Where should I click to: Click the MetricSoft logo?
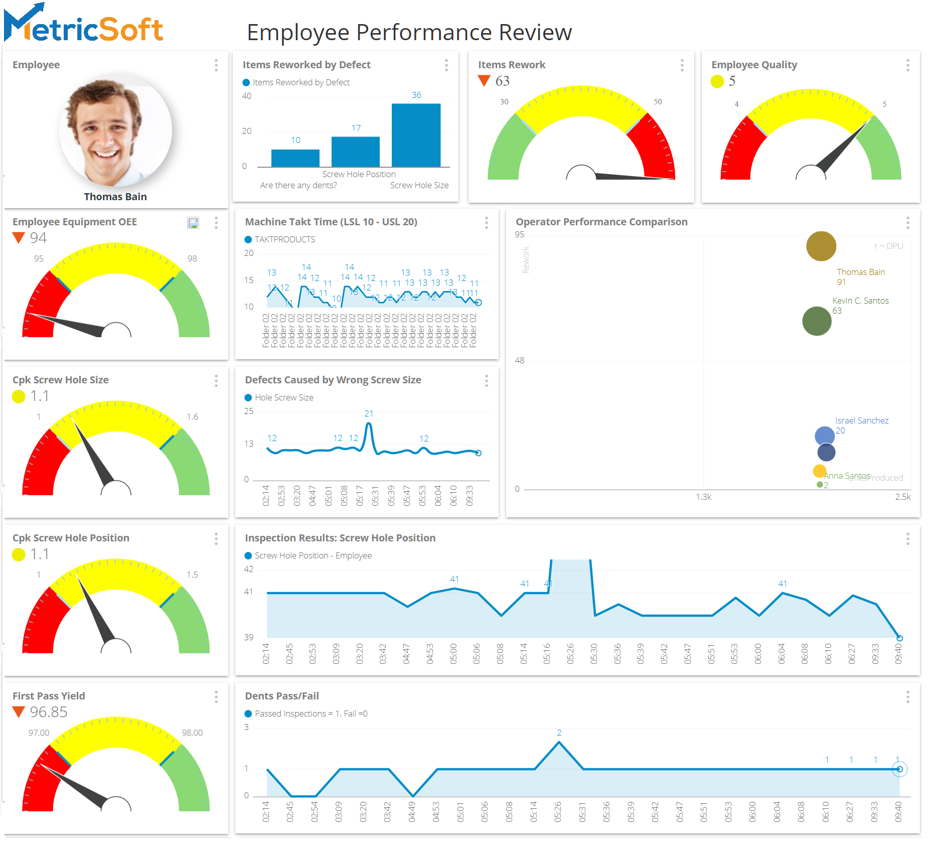click(x=83, y=25)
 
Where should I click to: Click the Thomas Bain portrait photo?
click(x=115, y=130)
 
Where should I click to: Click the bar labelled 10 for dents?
click(x=295, y=158)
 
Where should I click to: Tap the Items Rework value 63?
click(x=502, y=81)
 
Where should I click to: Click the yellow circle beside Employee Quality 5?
click(x=717, y=81)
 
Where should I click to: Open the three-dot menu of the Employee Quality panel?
click(x=907, y=65)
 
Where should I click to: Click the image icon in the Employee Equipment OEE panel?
click(x=193, y=223)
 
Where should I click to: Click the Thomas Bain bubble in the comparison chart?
click(x=821, y=246)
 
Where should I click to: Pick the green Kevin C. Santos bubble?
click(x=817, y=321)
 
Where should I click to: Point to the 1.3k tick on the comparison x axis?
click(x=703, y=497)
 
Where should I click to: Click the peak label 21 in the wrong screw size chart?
click(x=369, y=413)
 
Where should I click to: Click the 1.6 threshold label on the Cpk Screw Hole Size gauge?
click(x=192, y=416)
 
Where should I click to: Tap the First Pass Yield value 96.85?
click(x=48, y=712)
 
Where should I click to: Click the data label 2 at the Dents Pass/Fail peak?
click(x=559, y=733)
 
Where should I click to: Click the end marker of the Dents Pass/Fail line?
click(x=899, y=769)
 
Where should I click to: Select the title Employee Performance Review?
click(x=409, y=33)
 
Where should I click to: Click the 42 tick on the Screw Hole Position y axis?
click(x=249, y=569)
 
